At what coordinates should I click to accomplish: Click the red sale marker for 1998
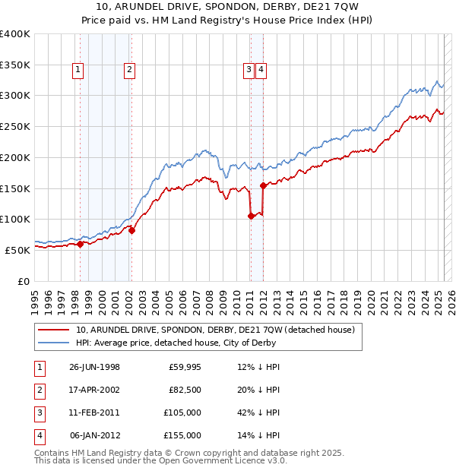click(x=80, y=244)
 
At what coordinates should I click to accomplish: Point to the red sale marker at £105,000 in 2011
click(x=250, y=216)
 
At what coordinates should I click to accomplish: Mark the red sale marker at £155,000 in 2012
click(x=262, y=185)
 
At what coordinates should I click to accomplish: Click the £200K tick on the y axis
click(x=15, y=157)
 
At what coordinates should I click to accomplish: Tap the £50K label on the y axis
click(x=17, y=250)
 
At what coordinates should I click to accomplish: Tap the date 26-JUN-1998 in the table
click(x=94, y=367)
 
